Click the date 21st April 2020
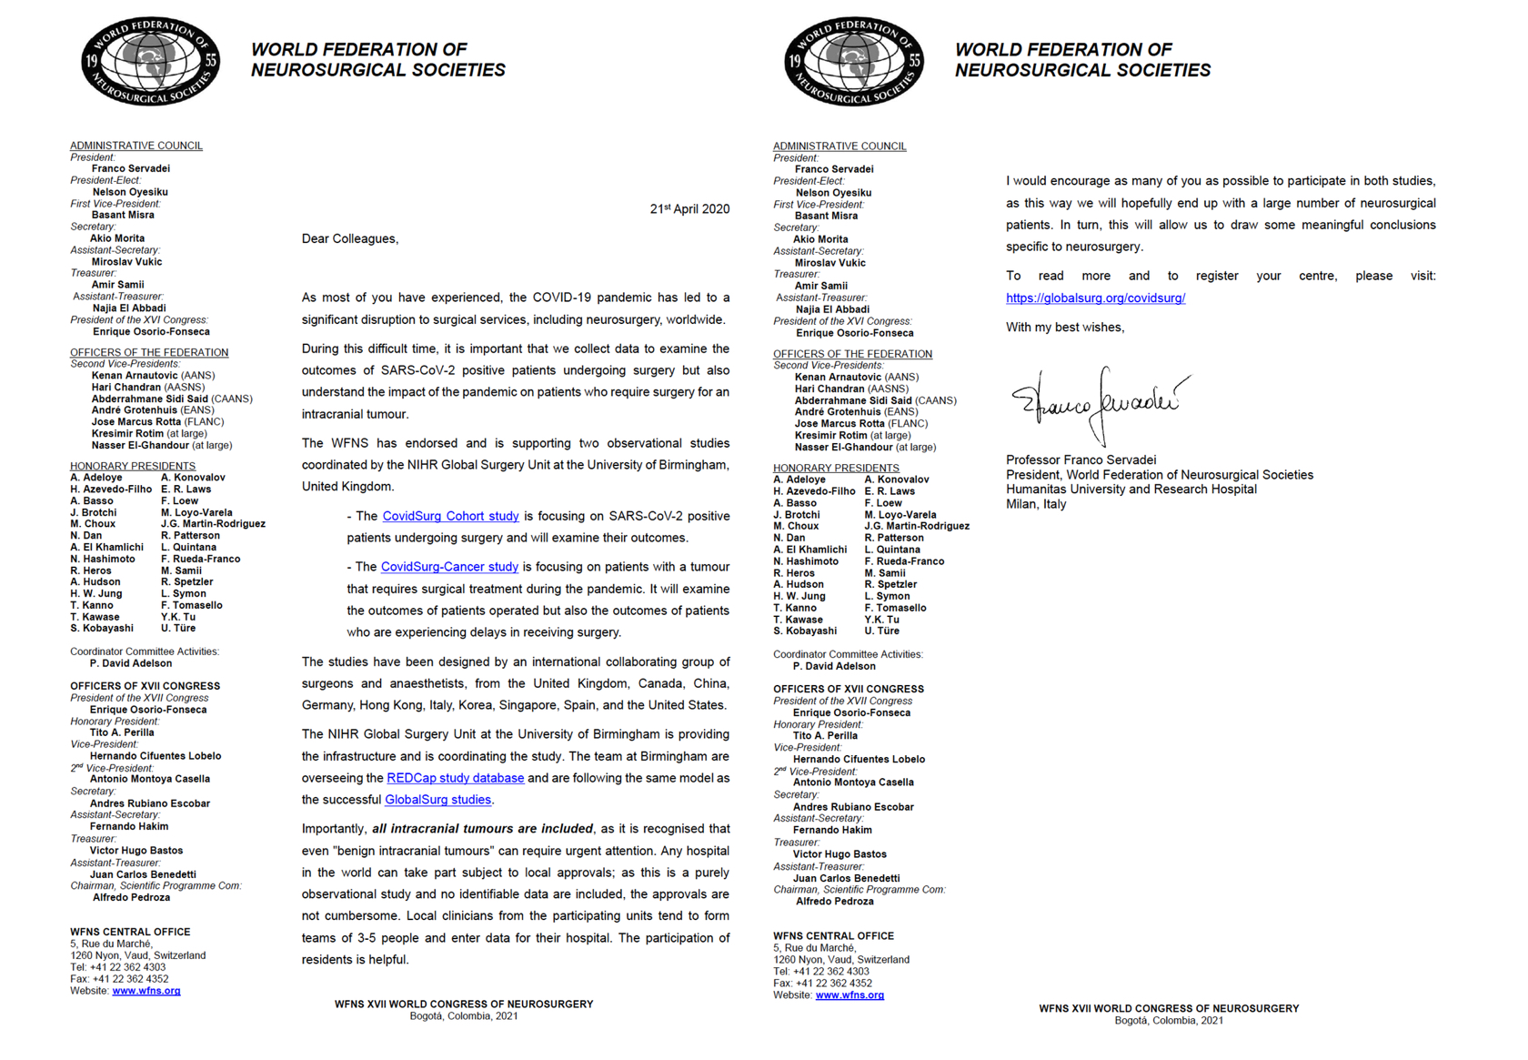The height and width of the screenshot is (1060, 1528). tap(689, 209)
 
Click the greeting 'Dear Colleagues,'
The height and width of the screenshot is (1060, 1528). tap(350, 238)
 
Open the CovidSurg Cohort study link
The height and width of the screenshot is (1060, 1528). tap(450, 516)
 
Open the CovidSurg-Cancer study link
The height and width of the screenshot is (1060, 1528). tap(449, 567)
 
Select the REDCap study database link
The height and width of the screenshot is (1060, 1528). tap(455, 778)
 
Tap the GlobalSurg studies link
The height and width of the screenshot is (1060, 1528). tap(438, 800)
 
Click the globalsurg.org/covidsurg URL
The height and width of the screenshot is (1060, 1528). tap(1095, 298)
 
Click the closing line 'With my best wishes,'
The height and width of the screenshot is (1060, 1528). tap(1065, 328)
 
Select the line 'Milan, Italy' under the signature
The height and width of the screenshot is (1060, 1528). tap(1036, 504)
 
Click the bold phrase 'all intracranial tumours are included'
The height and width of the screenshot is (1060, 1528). tap(482, 829)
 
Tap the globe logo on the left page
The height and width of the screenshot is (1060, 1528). tap(150, 61)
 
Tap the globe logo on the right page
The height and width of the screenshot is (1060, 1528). tap(854, 61)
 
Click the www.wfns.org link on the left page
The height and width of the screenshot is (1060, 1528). tap(146, 991)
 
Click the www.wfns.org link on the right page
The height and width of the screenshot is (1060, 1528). tap(849, 995)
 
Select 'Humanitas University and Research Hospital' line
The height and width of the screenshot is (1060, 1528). tap(1131, 490)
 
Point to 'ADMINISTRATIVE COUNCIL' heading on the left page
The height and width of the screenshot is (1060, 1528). tap(136, 146)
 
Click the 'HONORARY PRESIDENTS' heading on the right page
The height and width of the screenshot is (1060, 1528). tap(836, 468)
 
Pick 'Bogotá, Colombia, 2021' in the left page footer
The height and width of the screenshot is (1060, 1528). tap(463, 1016)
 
